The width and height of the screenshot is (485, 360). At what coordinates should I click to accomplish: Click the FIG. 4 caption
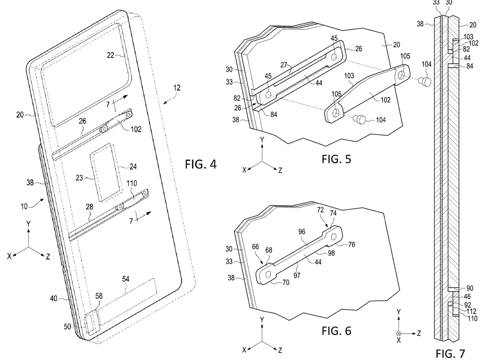click(200, 164)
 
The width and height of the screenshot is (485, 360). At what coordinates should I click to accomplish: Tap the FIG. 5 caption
click(336, 159)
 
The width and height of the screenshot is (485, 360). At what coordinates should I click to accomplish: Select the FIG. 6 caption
click(336, 331)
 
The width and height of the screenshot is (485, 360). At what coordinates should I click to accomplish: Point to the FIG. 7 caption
click(450, 354)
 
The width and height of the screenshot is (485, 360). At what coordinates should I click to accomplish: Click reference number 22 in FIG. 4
click(110, 55)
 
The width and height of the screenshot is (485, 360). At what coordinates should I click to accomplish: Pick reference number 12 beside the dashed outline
click(177, 88)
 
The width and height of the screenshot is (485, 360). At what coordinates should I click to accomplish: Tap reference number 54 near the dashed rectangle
click(125, 279)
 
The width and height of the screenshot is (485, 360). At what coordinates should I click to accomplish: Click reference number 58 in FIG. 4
click(99, 296)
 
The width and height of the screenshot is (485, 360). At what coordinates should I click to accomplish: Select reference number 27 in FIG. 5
click(284, 64)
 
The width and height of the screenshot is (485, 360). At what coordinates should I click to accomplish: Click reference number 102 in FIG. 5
click(385, 100)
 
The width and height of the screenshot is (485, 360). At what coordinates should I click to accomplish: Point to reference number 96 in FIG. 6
click(302, 231)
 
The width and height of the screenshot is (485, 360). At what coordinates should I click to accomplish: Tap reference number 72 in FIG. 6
click(320, 210)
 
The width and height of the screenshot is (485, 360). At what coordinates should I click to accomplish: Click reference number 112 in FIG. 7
click(471, 311)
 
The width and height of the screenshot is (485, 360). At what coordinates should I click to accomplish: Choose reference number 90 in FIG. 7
click(470, 288)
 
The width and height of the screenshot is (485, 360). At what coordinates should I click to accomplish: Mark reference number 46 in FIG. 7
click(467, 296)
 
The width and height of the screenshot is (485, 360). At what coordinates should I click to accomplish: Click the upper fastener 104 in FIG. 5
click(425, 81)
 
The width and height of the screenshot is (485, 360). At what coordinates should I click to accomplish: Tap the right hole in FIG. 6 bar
click(334, 237)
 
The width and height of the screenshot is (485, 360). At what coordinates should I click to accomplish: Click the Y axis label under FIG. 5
click(262, 140)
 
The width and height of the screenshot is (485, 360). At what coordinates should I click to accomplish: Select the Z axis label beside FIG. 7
click(419, 333)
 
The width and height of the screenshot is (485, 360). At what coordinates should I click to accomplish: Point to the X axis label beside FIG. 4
click(9, 256)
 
